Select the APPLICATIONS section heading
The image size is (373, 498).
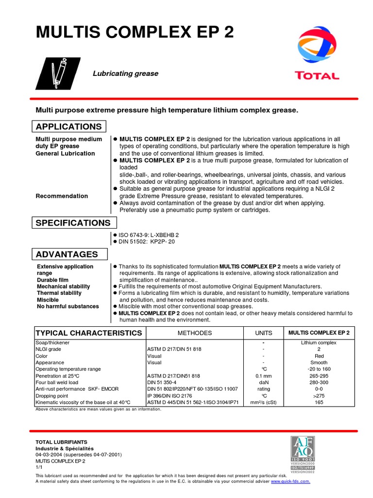click(x=69, y=127)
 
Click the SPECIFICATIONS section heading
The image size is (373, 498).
click(x=73, y=223)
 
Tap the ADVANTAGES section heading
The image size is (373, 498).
click(x=67, y=254)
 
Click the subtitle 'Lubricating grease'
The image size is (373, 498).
click(x=125, y=73)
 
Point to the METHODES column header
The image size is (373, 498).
click(x=194, y=333)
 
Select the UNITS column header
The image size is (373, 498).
click(x=264, y=333)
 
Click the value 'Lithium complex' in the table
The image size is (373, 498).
click(x=319, y=343)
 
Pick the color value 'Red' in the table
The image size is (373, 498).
click(x=319, y=356)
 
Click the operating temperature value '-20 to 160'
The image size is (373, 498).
click(x=319, y=369)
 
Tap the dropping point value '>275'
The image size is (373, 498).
click(x=319, y=396)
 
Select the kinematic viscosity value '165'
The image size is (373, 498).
click(x=319, y=403)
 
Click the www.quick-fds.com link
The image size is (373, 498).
click(x=290, y=481)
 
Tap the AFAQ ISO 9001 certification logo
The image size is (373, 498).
click(x=303, y=452)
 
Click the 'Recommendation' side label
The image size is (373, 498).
click(x=62, y=196)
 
